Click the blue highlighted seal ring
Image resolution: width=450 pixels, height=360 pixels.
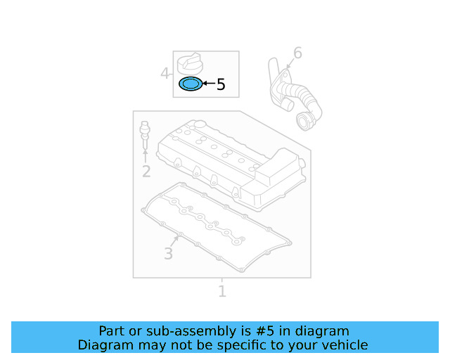coord(189,85)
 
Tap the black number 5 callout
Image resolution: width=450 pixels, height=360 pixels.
coord(221,85)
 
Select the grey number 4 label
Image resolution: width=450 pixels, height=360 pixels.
coord(165,73)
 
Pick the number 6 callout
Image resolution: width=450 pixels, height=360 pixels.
coord(297,53)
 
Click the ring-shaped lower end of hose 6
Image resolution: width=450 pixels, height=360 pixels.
coord(305,121)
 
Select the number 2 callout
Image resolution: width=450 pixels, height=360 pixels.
coord(146,172)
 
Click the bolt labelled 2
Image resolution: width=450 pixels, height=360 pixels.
coord(145,134)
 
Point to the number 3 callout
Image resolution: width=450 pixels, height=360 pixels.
coord(168,254)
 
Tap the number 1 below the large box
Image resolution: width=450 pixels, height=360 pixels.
coord(222,291)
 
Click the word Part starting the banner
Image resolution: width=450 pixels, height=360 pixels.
coord(111,331)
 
